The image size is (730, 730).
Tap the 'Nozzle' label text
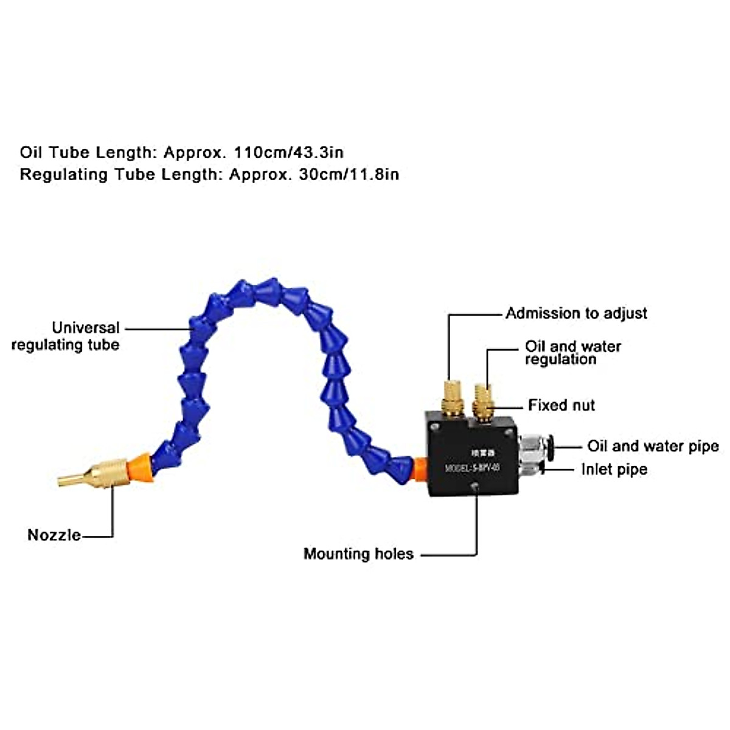(54, 535)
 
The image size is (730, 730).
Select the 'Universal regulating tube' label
(66, 336)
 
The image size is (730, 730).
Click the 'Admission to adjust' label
(576, 313)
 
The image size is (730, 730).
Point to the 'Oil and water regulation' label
(572, 353)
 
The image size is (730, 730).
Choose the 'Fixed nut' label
(561, 405)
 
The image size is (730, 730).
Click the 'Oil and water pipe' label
(653, 446)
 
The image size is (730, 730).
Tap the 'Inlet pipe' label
(614, 469)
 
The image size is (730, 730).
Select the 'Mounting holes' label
(358, 554)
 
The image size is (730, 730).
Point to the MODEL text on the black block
(472, 468)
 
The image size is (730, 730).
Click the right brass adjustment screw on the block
(483, 401)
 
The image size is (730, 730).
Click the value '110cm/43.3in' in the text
(288, 152)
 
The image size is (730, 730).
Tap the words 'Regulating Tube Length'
(119, 175)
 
